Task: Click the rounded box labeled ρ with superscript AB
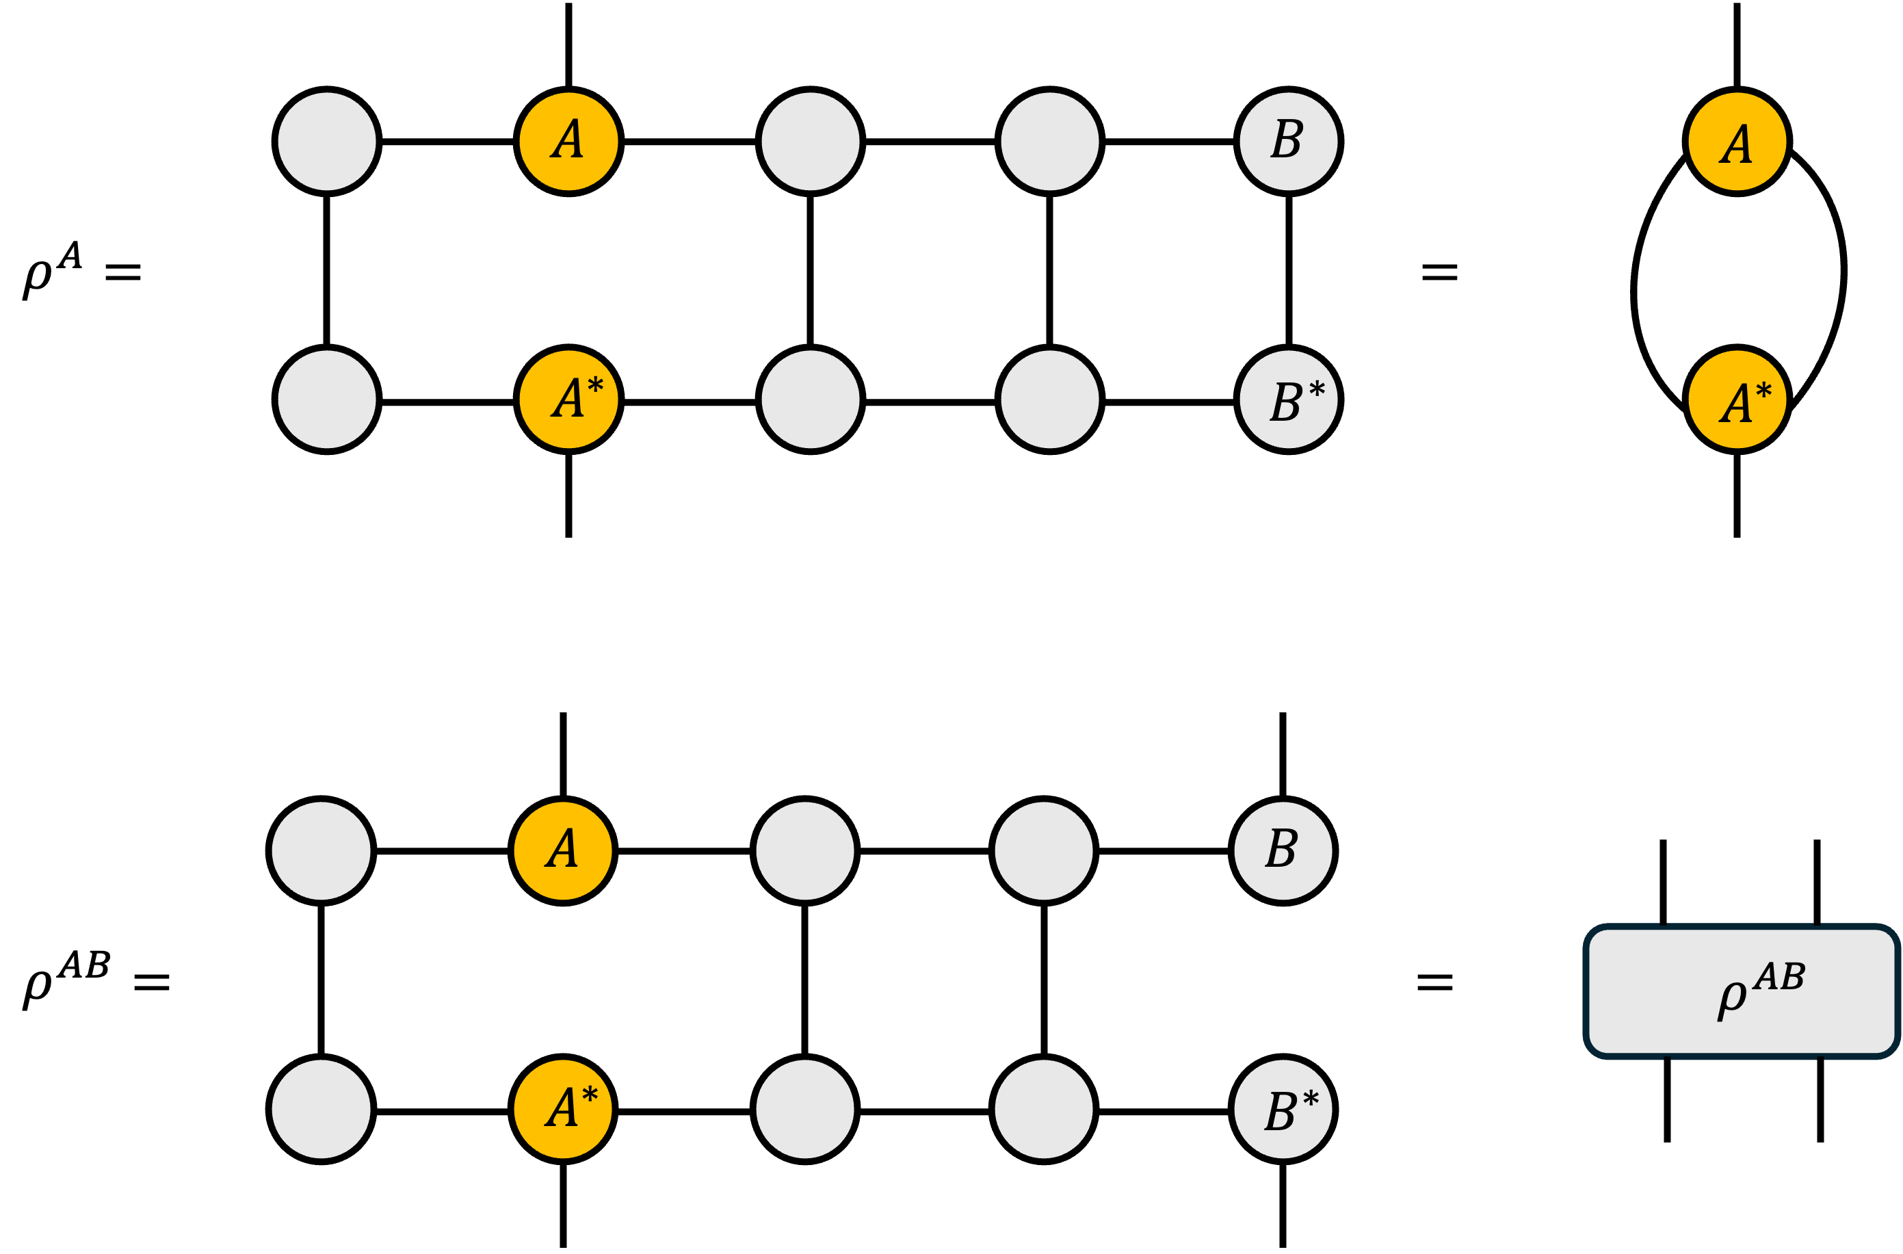pyautogui.click(x=1742, y=992)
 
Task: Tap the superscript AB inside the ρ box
pyautogui.click(x=1779, y=976)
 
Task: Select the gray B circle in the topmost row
pyautogui.click(x=1288, y=142)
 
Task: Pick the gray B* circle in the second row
pyautogui.click(x=1288, y=399)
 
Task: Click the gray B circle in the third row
pyautogui.click(x=1283, y=851)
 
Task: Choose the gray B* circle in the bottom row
pyautogui.click(x=1283, y=1109)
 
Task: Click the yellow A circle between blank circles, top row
pyautogui.click(x=568, y=142)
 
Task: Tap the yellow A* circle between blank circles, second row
pyautogui.click(x=568, y=399)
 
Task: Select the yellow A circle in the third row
pyautogui.click(x=563, y=851)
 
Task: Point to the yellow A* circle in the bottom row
pyautogui.click(x=563, y=1109)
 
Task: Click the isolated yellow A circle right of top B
pyautogui.click(x=1737, y=142)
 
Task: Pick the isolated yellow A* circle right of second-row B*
pyautogui.click(x=1737, y=399)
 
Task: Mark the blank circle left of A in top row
pyautogui.click(x=327, y=142)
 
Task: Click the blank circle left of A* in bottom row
pyautogui.click(x=321, y=1109)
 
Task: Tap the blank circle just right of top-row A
pyautogui.click(x=810, y=142)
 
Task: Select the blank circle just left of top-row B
pyautogui.click(x=1049, y=142)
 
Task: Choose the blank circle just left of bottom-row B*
pyautogui.click(x=1043, y=1109)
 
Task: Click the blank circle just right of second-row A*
pyautogui.click(x=810, y=399)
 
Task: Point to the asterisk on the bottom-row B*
pyautogui.click(x=1311, y=1098)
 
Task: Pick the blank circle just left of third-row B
pyautogui.click(x=1043, y=851)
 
